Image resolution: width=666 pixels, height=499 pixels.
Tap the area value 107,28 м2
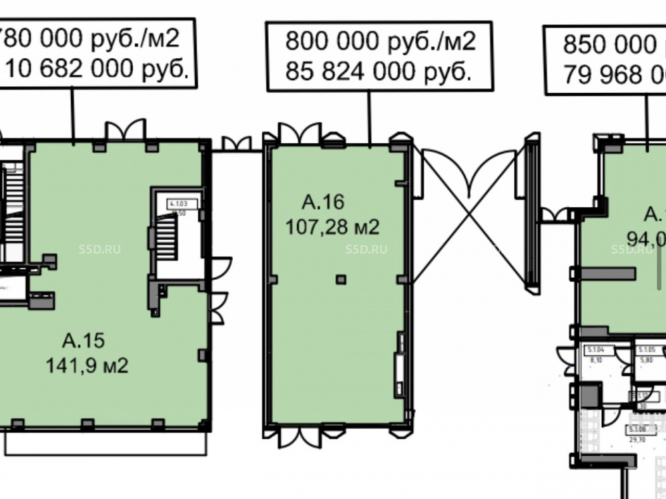pyautogui.click(x=332, y=228)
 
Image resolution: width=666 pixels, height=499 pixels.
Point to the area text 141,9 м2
pyautogui.click(x=87, y=365)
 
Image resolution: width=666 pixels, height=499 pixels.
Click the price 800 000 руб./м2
pyautogui.click(x=380, y=42)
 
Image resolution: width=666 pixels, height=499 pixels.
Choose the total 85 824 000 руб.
pyautogui.click(x=378, y=71)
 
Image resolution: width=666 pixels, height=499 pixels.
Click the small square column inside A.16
pyautogui.click(x=341, y=279)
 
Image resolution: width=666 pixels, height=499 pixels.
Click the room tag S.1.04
pyautogui.click(x=595, y=350)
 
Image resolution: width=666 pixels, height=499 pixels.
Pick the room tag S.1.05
pyautogui.click(x=647, y=350)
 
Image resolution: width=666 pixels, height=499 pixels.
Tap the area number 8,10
pyautogui.click(x=595, y=359)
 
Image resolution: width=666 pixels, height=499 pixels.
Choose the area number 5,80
pyautogui.click(x=647, y=359)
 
